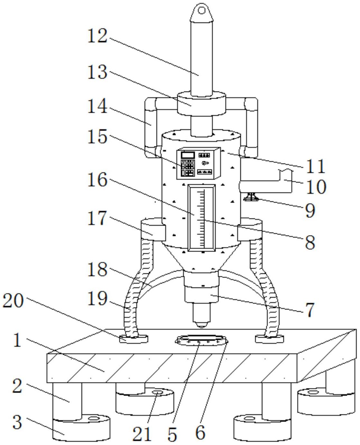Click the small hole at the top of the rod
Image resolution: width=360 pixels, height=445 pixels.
pyautogui.click(x=202, y=11)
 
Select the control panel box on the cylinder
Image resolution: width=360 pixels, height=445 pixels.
pyautogui.click(x=199, y=163)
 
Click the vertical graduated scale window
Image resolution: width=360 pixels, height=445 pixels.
pyautogui.click(x=202, y=218)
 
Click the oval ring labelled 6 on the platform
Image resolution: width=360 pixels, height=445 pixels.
pyautogui.click(x=202, y=342)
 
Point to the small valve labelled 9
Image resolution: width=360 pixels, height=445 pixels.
pyautogui.click(x=250, y=197)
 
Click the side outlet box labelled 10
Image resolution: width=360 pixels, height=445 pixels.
pyautogui.click(x=266, y=181)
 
